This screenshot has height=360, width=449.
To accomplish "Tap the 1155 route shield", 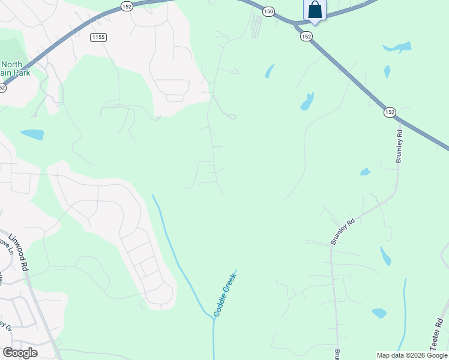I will pyautogui.click(x=98, y=37).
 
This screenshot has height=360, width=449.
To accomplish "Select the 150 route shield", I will pyautogui.click(x=268, y=11).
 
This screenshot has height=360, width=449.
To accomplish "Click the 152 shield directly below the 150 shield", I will pyautogui.click(x=306, y=37).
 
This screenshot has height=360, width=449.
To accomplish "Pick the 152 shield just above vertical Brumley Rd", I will pyautogui.click(x=390, y=112).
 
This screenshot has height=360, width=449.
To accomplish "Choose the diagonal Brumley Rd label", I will pyautogui.click(x=343, y=231).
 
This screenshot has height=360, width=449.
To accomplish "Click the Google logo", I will pyautogui.click(x=20, y=353).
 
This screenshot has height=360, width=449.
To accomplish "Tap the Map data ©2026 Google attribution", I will pyautogui.click(x=412, y=355).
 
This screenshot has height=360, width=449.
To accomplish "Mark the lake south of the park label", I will pyautogui.click(x=32, y=134).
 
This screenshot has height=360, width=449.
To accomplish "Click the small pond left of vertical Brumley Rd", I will pyautogui.click(x=365, y=172).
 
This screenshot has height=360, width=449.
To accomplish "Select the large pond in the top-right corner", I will pyautogui.click(x=397, y=47).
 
